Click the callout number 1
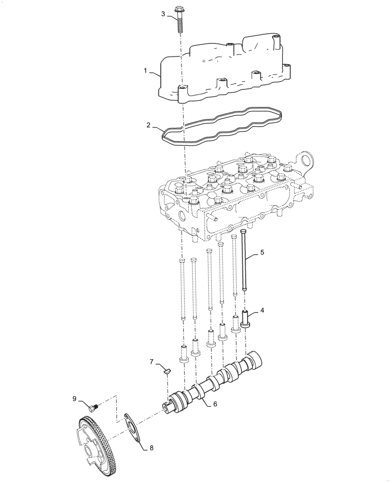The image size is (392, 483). tap(145, 71)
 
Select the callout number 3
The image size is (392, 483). tap(164, 14)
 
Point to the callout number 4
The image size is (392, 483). tap(262, 310)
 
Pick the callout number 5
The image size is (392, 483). tap(262, 252)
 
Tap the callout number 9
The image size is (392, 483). tap(75, 398)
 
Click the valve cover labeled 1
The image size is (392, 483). tap(227, 68)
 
